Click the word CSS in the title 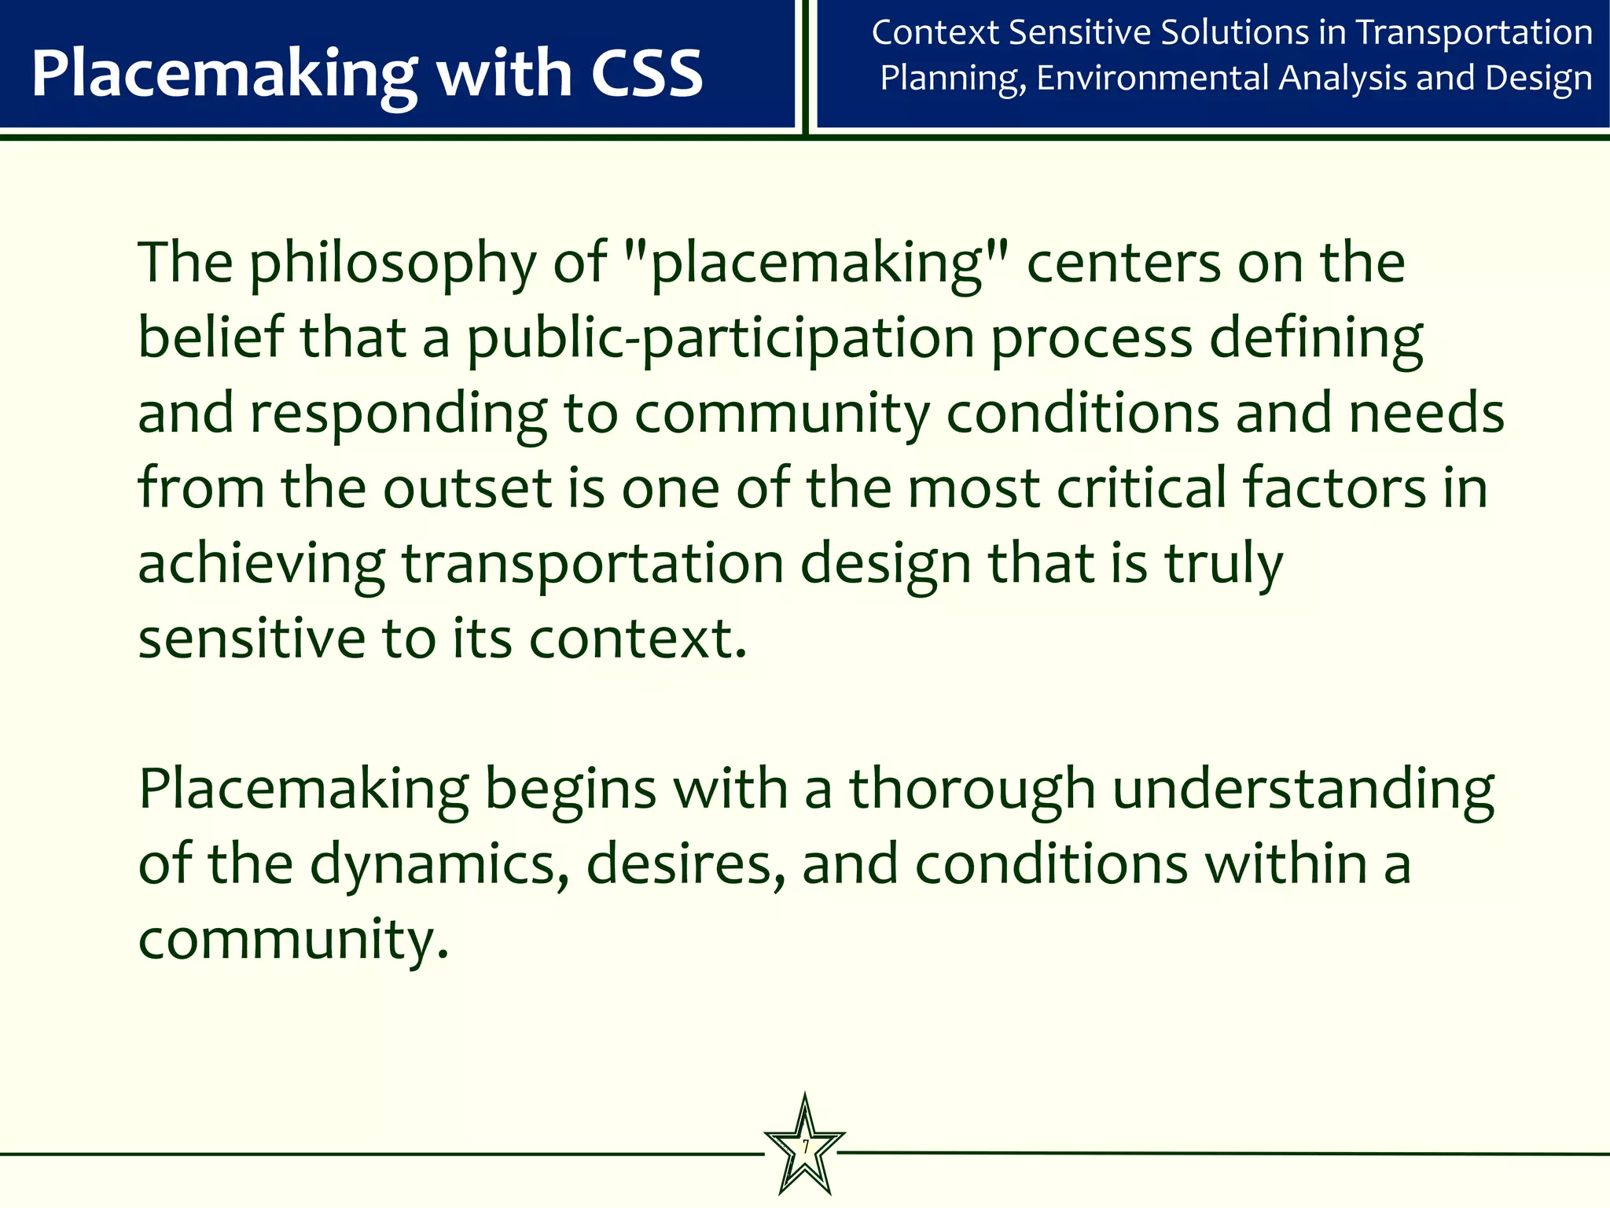click(646, 73)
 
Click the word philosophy click(392, 263)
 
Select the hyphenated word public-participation click(720, 339)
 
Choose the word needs click(1426, 412)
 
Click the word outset click(468, 488)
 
